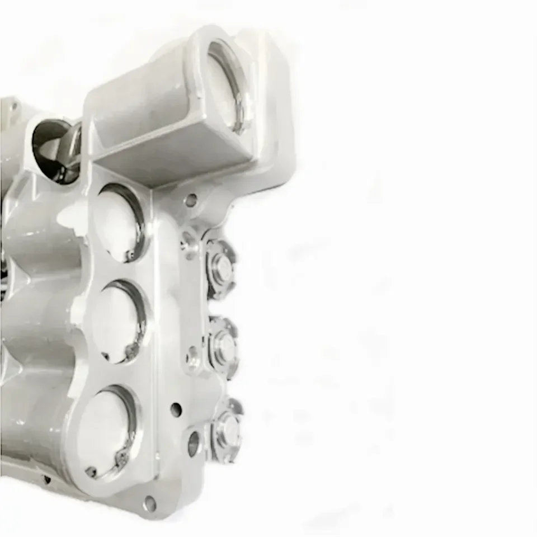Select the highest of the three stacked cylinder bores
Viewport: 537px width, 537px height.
click(119, 222)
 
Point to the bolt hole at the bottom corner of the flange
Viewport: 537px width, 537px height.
click(149, 503)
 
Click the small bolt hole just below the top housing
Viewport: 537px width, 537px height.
click(191, 200)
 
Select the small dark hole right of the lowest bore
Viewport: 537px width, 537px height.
click(176, 409)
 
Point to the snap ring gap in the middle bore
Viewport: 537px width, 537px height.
click(131, 351)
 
